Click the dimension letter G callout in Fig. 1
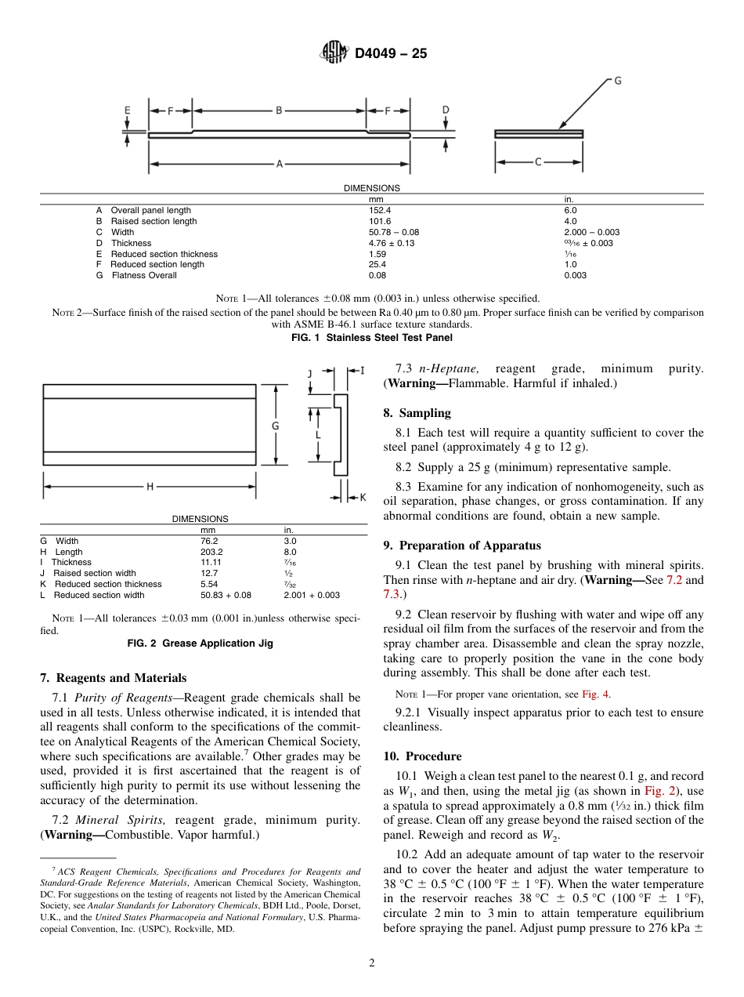pyautogui.click(x=617, y=81)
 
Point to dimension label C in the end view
pyautogui.click(x=538, y=162)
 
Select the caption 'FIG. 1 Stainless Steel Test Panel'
pyautogui.click(x=371, y=338)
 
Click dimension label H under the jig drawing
pyautogui.click(x=150, y=488)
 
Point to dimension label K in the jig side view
pyautogui.click(x=362, y=497)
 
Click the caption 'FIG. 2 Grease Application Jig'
pyautogui.click(x=200, y=644)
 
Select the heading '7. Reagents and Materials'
pyautogui.click(x=113, y=678)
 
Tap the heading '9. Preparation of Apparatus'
pyautogui.click(x=462, y=546)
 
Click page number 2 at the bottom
pyautogui.click(x=372, y=964)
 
